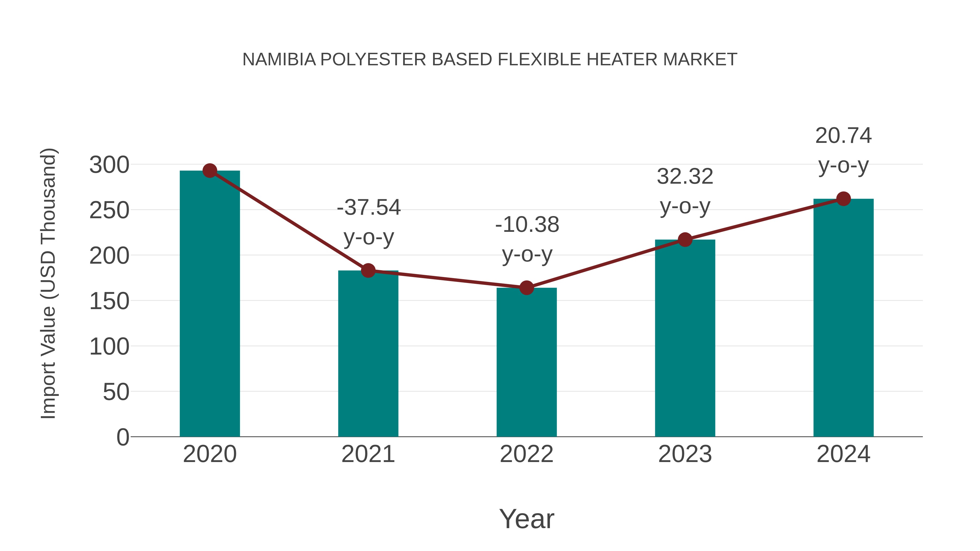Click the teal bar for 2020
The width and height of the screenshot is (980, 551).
[210, 304]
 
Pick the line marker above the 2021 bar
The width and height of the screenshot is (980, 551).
[368, 270]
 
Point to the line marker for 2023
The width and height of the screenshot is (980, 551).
[685, 239]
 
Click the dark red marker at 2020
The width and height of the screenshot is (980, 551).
[210, 171]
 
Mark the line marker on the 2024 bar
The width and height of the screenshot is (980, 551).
[843, 199]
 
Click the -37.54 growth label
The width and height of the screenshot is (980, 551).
[369, 208]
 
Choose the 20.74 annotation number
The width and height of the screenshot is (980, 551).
[843, 136]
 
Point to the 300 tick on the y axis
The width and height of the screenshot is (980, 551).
[109, 165]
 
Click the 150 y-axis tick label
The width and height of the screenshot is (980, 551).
[109, 301]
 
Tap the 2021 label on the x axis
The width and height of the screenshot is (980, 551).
[368, 454]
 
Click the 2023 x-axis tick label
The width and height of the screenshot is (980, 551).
[685, 454]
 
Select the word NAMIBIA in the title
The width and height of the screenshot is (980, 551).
[279, 60]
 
